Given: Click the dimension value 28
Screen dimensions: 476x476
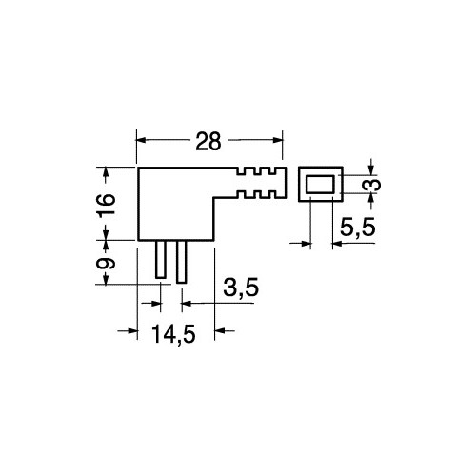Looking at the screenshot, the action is coord(208,142).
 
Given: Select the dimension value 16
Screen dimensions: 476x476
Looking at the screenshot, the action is coord(107,205).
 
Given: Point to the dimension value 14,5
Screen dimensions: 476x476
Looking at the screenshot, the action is coord(173,334).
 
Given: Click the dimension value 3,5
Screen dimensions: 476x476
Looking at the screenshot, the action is coord(241,288).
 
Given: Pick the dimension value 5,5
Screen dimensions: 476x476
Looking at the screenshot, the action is coord(357,228).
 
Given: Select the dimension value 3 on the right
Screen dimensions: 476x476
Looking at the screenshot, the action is coord(374,185).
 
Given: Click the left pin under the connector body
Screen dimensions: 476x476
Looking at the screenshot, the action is coord(161,259).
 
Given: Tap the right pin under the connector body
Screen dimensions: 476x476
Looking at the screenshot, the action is coord(181,262).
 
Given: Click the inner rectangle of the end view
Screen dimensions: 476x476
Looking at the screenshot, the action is coord(320,185).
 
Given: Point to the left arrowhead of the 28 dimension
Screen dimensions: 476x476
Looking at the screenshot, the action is coord(141,140).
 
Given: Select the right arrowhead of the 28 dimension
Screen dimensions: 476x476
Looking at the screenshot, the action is coord(277,140).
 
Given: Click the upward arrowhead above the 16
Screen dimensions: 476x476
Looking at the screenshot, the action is coord(106,172).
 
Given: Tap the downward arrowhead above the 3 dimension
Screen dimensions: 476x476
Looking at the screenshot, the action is coord(372,169).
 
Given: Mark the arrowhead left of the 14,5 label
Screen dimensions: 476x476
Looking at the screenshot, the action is coord(132,330).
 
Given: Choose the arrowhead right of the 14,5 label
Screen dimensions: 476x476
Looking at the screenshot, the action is coord(220,330).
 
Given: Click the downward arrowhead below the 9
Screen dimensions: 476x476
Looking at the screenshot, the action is coord(106,279).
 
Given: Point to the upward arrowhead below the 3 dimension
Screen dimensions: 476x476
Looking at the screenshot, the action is coord(372,199).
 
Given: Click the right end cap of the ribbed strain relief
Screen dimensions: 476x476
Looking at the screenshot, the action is coord(284,183).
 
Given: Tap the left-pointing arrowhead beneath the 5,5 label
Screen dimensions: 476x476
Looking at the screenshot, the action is coord(337,244).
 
